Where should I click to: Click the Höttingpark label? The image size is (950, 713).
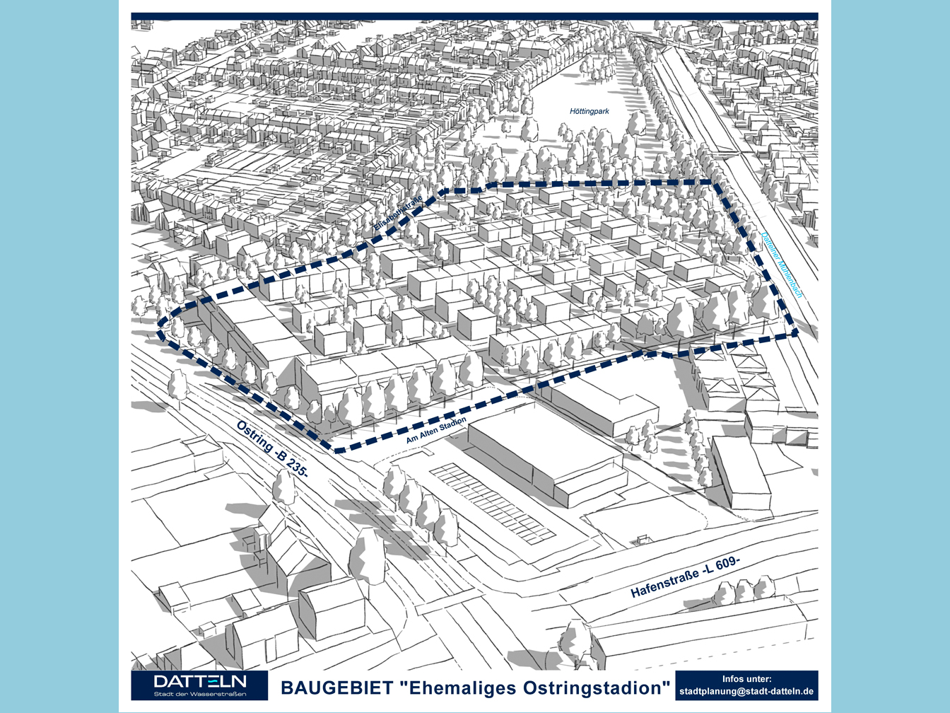(x=589, y=111)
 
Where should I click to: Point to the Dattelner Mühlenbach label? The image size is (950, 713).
(x=782, y=265)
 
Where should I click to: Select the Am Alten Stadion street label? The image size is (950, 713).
(x=436, y=431)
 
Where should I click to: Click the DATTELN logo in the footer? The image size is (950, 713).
(x=200, y=682)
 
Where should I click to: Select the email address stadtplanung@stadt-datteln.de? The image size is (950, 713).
(x=746, y=691)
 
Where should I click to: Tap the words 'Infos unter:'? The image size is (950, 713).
(x=746, y=678)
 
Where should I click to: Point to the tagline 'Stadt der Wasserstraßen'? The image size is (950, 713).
(x=200, y=694)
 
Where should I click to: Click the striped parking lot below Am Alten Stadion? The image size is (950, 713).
(x=495, y=502)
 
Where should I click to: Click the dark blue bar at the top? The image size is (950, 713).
(x=474, y=16)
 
